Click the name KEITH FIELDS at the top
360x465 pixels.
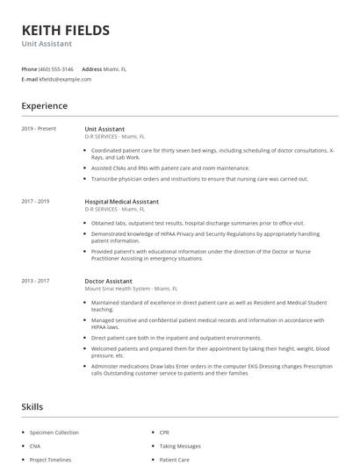point(66,30)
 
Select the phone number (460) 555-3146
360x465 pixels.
point(57,68)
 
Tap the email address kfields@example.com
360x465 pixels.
point(65,79)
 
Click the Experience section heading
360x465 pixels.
point(44,106)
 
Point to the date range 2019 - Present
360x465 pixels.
point(39,129)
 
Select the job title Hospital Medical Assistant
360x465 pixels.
point(121,202)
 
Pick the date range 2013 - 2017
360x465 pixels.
point(35,281)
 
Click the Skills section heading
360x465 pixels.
point(32,407)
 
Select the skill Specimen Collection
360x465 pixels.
point(54,433)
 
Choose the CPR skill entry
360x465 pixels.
point(164,433)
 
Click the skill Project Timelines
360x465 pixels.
point(50,460)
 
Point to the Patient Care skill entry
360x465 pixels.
point(174,460)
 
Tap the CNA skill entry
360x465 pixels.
point(36,446)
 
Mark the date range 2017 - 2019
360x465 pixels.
point(35,202)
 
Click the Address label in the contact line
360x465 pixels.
point(92,68)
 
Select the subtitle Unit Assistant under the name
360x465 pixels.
point(47,43)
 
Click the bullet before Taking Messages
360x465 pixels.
point(152,446)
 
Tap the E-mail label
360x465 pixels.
point(29,79)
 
